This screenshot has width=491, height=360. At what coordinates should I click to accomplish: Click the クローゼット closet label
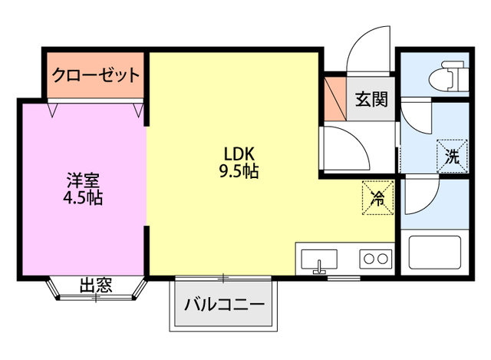[95, 75]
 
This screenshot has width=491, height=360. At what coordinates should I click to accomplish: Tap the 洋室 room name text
[83, 181]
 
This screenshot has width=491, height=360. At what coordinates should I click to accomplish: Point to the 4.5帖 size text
[83, 198]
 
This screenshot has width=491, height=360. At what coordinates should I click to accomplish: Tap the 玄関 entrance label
[371, 97]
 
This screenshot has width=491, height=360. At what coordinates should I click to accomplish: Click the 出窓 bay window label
[96, 287]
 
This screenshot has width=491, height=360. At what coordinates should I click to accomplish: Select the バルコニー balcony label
[224, 305]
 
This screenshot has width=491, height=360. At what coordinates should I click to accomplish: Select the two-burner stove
[375, 259]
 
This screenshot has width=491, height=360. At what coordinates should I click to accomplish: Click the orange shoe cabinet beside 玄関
[333, 97]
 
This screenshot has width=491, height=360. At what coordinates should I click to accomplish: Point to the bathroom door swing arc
[418, 197]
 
